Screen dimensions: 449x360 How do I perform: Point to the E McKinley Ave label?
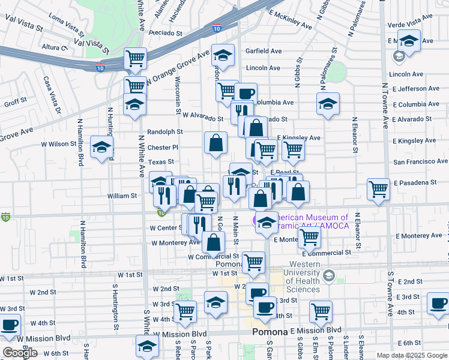coord(290,20)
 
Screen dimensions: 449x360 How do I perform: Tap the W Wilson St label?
coord(55,144)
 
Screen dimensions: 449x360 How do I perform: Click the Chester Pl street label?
coord(163,147)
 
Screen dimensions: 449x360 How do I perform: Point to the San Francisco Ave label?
coord(420,162)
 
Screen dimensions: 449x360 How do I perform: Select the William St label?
coord(122,196)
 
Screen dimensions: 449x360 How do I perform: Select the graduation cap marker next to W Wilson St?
coord(102,146)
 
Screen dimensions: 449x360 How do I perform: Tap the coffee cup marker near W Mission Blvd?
coord(9,325)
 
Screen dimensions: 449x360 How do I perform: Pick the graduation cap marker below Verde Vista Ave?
coord(409,41)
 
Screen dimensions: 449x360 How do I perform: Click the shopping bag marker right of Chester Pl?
coord(215,143)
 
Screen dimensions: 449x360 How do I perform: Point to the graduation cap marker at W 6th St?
coord(147,346)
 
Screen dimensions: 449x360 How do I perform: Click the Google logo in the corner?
coord(20,353)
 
